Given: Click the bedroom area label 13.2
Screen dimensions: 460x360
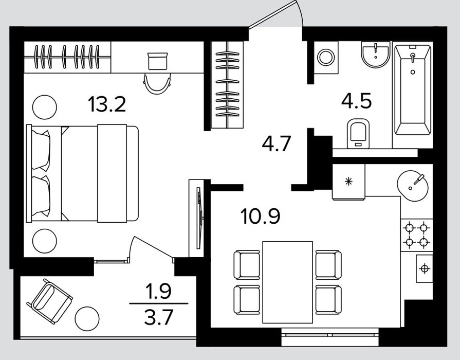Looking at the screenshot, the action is pyautogui.click(x=107, y=104).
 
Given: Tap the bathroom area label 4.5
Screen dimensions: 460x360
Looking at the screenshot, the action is pyautogui.click(x=357, y=100).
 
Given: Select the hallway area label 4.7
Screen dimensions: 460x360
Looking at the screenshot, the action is pyautogui.click(x=277, y=143).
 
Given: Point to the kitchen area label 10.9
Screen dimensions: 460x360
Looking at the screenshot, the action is pyautogui.click(x=260, y=216).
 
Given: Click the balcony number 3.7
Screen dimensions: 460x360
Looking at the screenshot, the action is pyautogui.click(x=159, y=317).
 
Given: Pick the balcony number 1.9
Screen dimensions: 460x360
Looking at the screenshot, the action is pyautogui.click(x=159, y=291).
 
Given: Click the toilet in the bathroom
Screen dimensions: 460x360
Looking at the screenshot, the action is pyautogui.click(x=358, y=133).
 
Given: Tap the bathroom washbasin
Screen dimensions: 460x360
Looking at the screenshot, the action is pyautogui.click(x=376, y=55).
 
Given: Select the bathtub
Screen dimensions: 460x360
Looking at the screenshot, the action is pyautogui.click(x=413, y=89).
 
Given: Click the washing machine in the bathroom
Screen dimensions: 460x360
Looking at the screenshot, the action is pyautogui.click(x=326, y=57).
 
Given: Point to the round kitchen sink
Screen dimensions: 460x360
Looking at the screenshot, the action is pyautogui.click(x=413, y=186).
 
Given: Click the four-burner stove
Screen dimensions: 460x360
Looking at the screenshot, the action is pyautogui.click(x=417, y=235).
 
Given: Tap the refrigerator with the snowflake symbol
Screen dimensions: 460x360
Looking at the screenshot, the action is pyautogui.click(x=349, y=182).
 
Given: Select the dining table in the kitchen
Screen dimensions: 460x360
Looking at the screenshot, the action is pyautogui.click(x=287, y=282).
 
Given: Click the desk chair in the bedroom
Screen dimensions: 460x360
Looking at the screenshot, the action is pyautogui.click(x=158, y=84).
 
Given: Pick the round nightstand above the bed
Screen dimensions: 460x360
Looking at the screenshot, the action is pyautogui.click(x=45, y=107).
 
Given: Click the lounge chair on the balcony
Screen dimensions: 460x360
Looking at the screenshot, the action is pyautogui.click(x=49, y=301).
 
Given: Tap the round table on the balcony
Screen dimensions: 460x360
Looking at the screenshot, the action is pyautogui.click(x=87, y=319).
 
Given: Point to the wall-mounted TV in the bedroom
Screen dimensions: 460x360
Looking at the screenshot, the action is pyautogui.click(x=199, y=218).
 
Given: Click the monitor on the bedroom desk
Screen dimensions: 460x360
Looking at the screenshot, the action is pyautogui.click(x=158, y=61).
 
